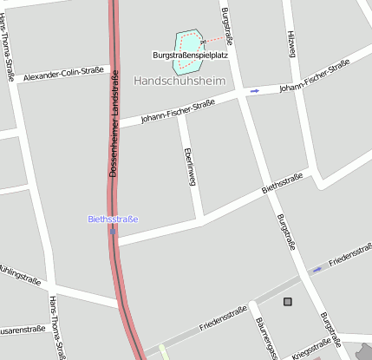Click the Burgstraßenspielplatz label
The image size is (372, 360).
[189, 56]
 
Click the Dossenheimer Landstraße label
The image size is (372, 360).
[114, 125]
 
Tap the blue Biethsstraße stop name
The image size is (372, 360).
[113, 219]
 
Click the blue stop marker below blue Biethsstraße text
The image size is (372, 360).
[114, 231]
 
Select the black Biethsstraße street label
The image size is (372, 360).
[283, 184]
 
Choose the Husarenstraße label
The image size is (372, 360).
[21, 329]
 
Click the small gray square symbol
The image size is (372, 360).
[288, 302]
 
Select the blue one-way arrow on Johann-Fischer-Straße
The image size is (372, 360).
[254, 90]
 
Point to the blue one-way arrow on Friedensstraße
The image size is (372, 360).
[317, 269]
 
